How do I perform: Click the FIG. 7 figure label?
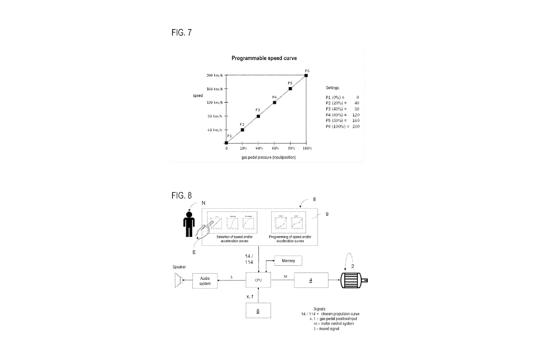(182, 32)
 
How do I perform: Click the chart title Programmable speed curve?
(264, 58)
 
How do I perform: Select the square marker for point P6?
(306, 75)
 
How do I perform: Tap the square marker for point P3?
(258, 116)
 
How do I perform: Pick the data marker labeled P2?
(242, 130)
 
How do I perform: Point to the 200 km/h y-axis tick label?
(214, 75)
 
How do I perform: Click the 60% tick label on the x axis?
(275, 148)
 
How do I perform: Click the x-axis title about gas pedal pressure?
(268, 157)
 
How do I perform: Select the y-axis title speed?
(198, 96)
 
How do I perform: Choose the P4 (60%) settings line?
(342, 115)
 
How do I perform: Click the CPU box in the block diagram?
(258, 280)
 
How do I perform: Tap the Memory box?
(288, 261)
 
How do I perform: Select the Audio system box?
(205, 281)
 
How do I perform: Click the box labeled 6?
(258, 311)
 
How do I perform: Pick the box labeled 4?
(311, 280)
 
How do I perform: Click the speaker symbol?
(178, 280)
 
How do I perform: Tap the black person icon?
(189, 224)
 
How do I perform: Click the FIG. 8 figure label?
(182, 196)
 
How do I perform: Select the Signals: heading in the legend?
(320, 309)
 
